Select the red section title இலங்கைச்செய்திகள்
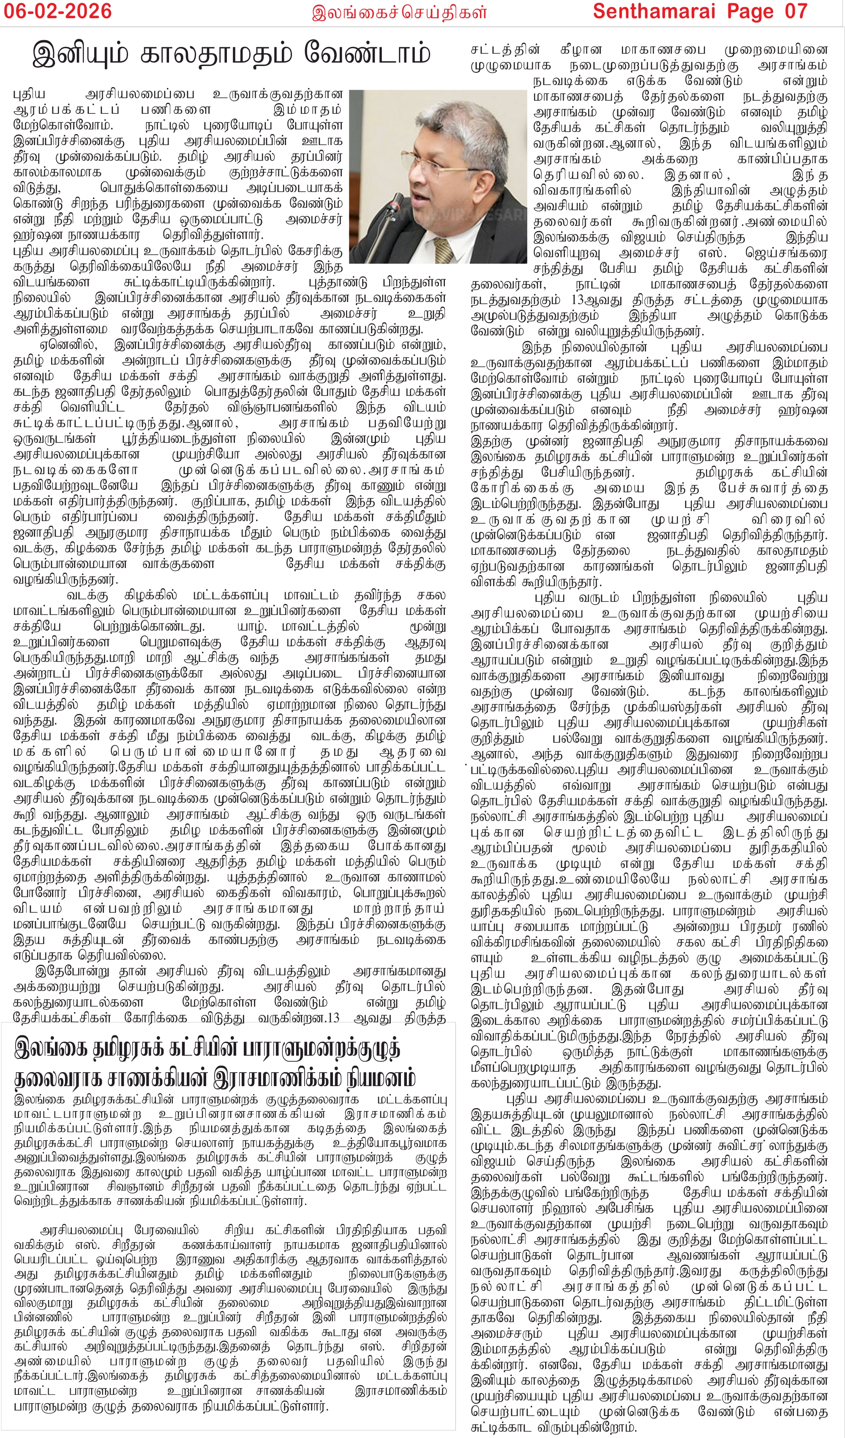click(x=399, y=13)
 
